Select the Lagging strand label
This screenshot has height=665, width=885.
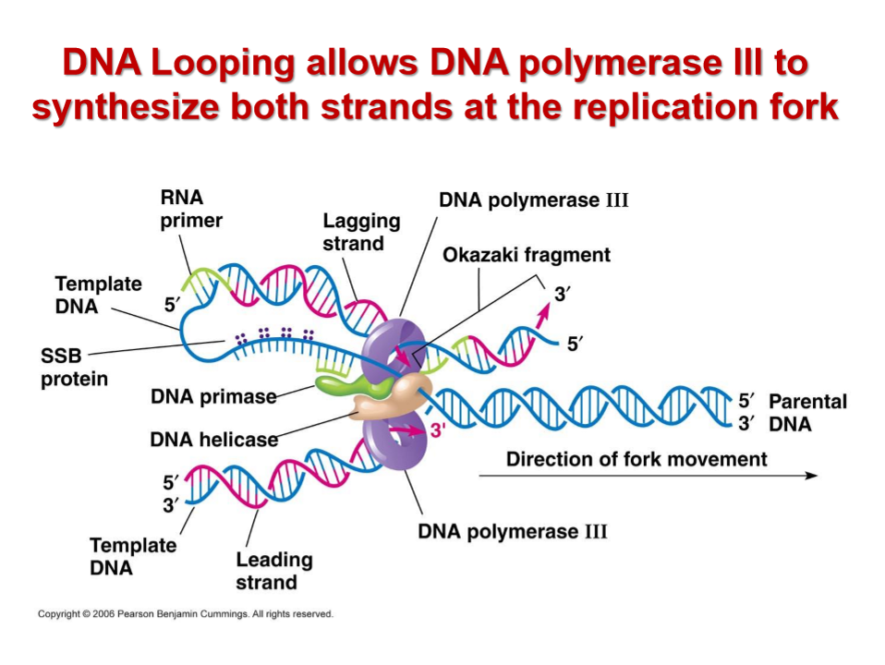[x=361, y=232]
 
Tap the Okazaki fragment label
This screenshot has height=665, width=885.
[x=527, y=255]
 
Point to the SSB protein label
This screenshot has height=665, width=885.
[x=74, y=367]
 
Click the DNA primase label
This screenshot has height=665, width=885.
[x=213, y=396]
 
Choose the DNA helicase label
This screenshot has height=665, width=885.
[x=213, y=440]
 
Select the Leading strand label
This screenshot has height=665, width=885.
[x=273, y=571]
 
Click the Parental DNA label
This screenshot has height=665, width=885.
[x=806, y=413]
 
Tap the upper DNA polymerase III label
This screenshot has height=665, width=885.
[x=533, y=199]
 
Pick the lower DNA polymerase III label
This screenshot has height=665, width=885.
[x=513, y=532]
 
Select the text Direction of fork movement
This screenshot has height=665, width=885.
[x=636, y=459]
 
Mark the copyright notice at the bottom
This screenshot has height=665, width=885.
[x=185, y=613]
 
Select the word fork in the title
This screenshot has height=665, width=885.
[x=803, y=107]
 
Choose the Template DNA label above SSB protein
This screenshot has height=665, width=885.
[x=98, y=295]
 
